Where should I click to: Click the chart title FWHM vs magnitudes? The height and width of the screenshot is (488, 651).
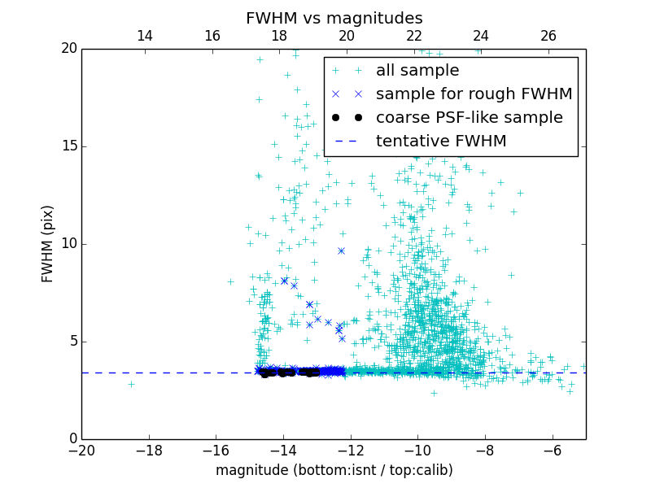coord(334,18)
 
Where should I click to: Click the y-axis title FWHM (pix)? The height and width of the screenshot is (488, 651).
coord(48,243)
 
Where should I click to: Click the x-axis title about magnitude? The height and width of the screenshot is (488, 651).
coord(334,470)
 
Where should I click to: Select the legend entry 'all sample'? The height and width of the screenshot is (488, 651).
coord(417,71)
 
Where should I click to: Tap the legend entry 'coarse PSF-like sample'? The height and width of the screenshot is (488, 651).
coord(469,118)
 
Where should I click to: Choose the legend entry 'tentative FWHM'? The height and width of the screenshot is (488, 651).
coord(441,142)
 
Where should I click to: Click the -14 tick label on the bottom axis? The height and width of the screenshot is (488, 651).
coord(283,450)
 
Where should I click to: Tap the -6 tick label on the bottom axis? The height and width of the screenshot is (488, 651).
coord(552,450)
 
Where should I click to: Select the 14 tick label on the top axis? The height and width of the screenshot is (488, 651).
coord(145,36)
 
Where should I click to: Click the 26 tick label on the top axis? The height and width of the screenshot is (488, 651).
coord(548,36)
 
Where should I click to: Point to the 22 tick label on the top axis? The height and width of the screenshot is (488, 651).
coord(414,36)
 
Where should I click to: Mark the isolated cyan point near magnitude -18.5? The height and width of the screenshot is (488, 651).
coord(131,384)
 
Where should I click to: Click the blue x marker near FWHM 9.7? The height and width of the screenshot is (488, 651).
coord(341,251)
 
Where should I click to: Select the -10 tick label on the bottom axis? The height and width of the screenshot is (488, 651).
coord(417,450)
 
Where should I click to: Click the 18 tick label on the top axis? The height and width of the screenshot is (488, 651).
coord(279,36)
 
